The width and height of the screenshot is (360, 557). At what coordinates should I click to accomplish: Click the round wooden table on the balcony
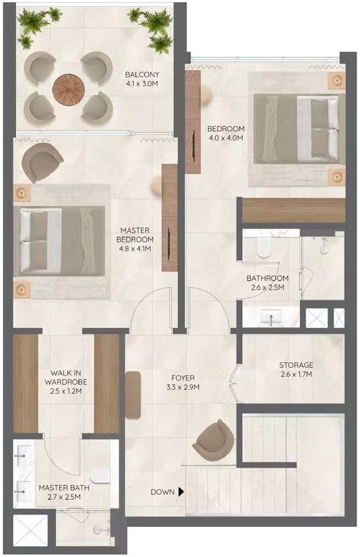(x=68, y=89)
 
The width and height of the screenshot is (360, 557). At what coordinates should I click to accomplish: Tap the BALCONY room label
(x=142, y=75)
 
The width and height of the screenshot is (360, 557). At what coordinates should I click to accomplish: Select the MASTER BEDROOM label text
(x=135, y=235)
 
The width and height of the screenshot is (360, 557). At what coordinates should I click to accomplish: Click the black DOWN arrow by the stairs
(x=181, y=492)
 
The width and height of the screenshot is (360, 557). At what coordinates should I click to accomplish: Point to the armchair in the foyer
(x=213, y=440)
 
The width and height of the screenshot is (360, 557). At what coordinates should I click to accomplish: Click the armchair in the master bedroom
(x=42, y=162)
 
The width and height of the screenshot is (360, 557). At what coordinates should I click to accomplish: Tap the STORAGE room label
(x=296, y=365)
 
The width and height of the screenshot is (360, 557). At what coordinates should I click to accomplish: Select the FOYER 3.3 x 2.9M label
(x=183, y=383)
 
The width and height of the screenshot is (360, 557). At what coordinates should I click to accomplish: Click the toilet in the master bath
(x=100, y=475)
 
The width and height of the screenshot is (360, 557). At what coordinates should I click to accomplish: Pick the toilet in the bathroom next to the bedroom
(x=264, y=247)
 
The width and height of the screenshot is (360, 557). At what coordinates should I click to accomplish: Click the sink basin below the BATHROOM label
(x=271, y=315)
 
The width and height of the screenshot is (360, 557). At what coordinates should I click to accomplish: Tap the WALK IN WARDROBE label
(x=66, y=377)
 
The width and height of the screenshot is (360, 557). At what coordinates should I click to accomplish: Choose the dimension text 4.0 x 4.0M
(x=225, y=138)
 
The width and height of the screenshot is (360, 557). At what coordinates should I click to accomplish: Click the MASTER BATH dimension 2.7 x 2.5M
(x=64, y=497)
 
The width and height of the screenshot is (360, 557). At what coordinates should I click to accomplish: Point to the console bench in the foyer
(x=133, y=394)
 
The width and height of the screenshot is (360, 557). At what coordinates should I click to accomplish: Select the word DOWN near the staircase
(x=163, y=492)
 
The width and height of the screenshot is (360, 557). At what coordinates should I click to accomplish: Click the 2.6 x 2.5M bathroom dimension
(x=267, y=288)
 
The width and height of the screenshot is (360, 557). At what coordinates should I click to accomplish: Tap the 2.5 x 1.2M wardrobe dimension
(x=66, y=391)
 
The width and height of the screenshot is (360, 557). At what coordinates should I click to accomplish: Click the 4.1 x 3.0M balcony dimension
(x=142, y=84)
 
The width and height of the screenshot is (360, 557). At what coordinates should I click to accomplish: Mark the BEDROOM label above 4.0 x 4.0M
(x=226, y=128)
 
